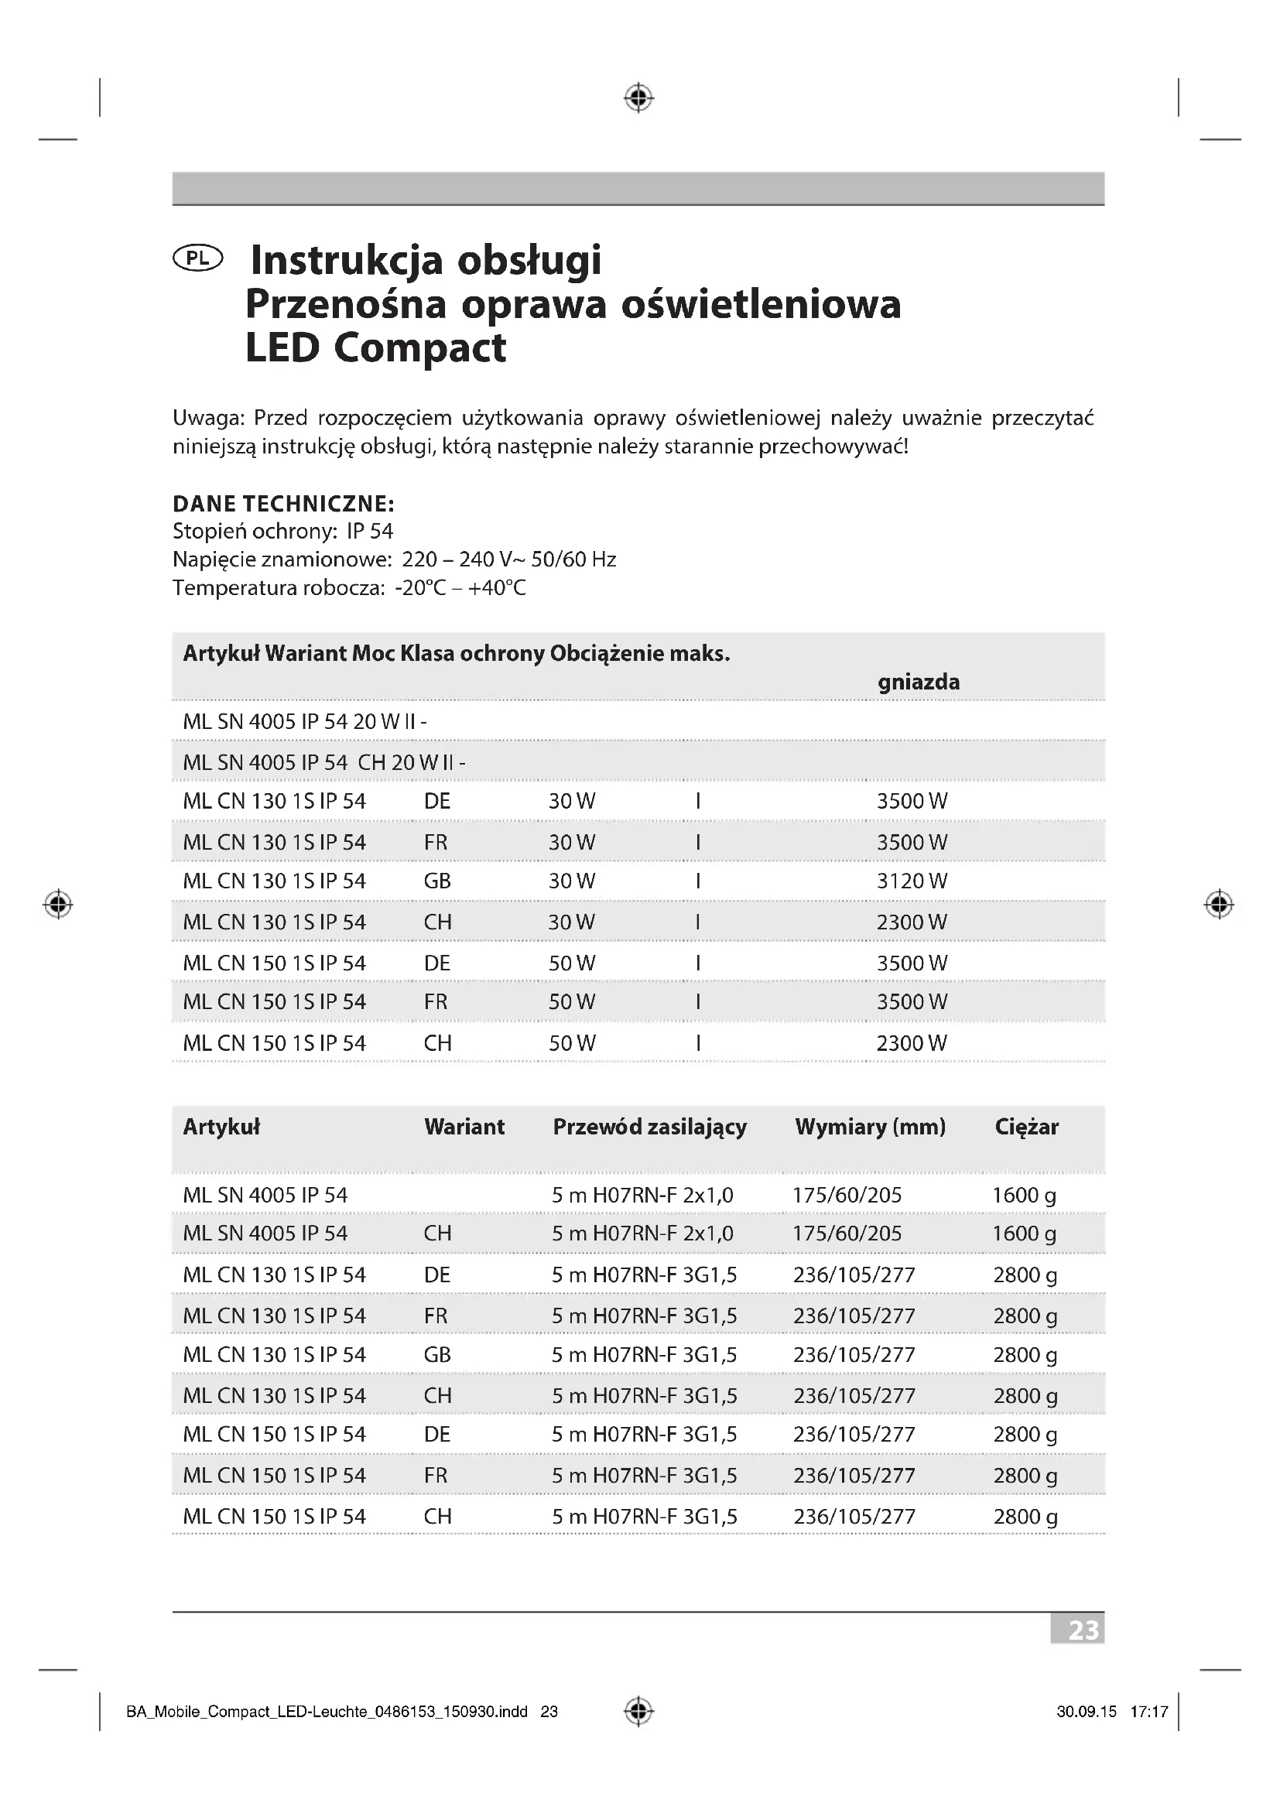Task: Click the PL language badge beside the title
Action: tap(197, 258)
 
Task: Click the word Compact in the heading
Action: tap(419, 347)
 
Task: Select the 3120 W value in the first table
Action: tap(912, 881)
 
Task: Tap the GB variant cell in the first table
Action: tap(437, 881)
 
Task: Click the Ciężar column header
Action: tap(1026, 1127)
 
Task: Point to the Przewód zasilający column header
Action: tap(649, 1127)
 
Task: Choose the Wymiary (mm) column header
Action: tap(870, 1127)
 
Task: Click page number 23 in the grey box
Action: tap(1083, 1630)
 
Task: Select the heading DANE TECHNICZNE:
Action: tap(284, 503)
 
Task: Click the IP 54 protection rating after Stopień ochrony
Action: tap(370, 532)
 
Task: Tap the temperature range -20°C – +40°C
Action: tap(460, 588)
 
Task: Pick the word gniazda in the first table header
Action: tap(919, 682)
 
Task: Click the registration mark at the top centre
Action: tap(638, 98)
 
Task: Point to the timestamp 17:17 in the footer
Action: tap(1149, 1712)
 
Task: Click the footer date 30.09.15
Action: tap(1086, 1712)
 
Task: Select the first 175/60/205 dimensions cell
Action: tap(847, 1195)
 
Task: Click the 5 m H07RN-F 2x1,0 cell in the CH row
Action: tap(642, 1233)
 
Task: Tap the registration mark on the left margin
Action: tap(57, 904)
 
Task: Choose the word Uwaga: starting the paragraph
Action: tap(209, 418)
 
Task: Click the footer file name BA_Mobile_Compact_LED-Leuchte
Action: tap(327, 1712)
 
